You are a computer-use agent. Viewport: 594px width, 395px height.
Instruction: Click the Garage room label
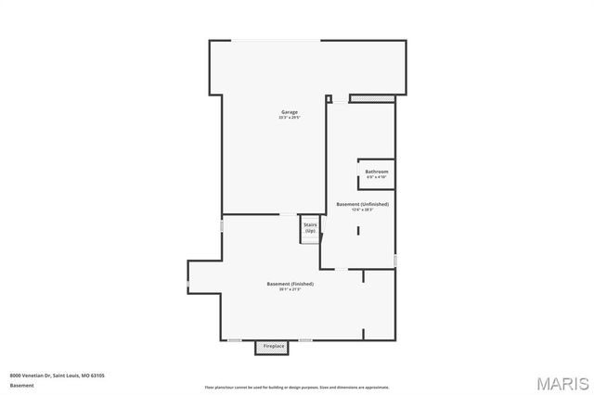[291, 112]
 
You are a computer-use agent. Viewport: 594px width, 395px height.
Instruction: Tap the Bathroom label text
[377, 172]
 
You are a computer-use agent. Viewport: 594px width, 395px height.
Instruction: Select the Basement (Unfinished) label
[363, 204]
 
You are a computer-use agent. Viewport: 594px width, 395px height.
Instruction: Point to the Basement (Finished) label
[291, 284]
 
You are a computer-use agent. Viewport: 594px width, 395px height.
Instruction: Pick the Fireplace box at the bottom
[273, 347]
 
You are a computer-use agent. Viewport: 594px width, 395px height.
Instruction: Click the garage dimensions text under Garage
[291, 118]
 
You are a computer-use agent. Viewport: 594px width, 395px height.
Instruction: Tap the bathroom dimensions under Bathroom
[377, 177]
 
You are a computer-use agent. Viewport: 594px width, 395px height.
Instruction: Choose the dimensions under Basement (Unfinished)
[363, 210]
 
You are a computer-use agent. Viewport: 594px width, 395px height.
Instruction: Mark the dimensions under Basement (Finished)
[291, 289]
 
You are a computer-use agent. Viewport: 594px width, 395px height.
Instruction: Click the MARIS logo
[561, 382]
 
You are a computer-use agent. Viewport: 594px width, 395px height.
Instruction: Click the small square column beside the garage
[329, 97]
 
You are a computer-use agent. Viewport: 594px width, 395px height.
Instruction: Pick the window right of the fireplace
[305, 340]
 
